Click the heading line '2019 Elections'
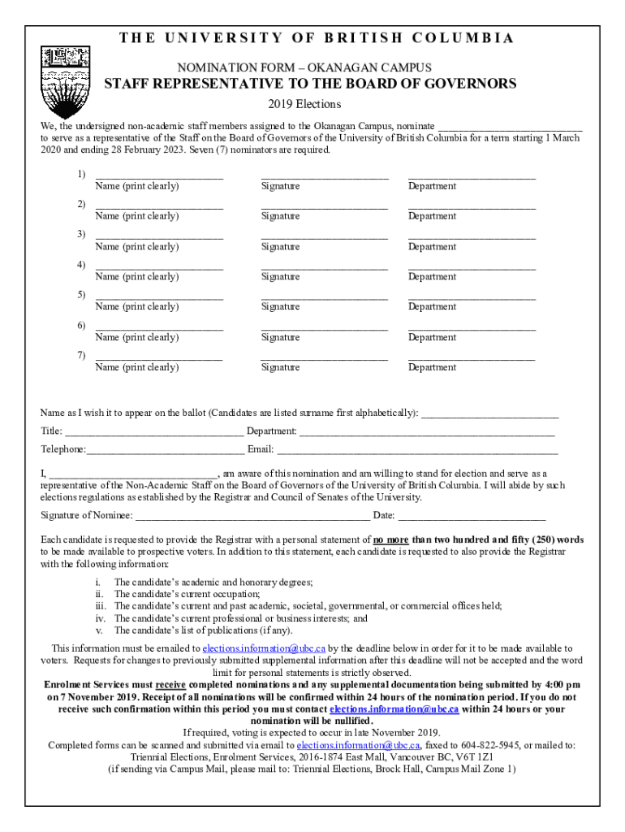[x=304, y=105]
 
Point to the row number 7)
[x=81, y=355]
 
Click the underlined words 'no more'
[x=391, y=539]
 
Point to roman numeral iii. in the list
[x=101, y=606]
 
